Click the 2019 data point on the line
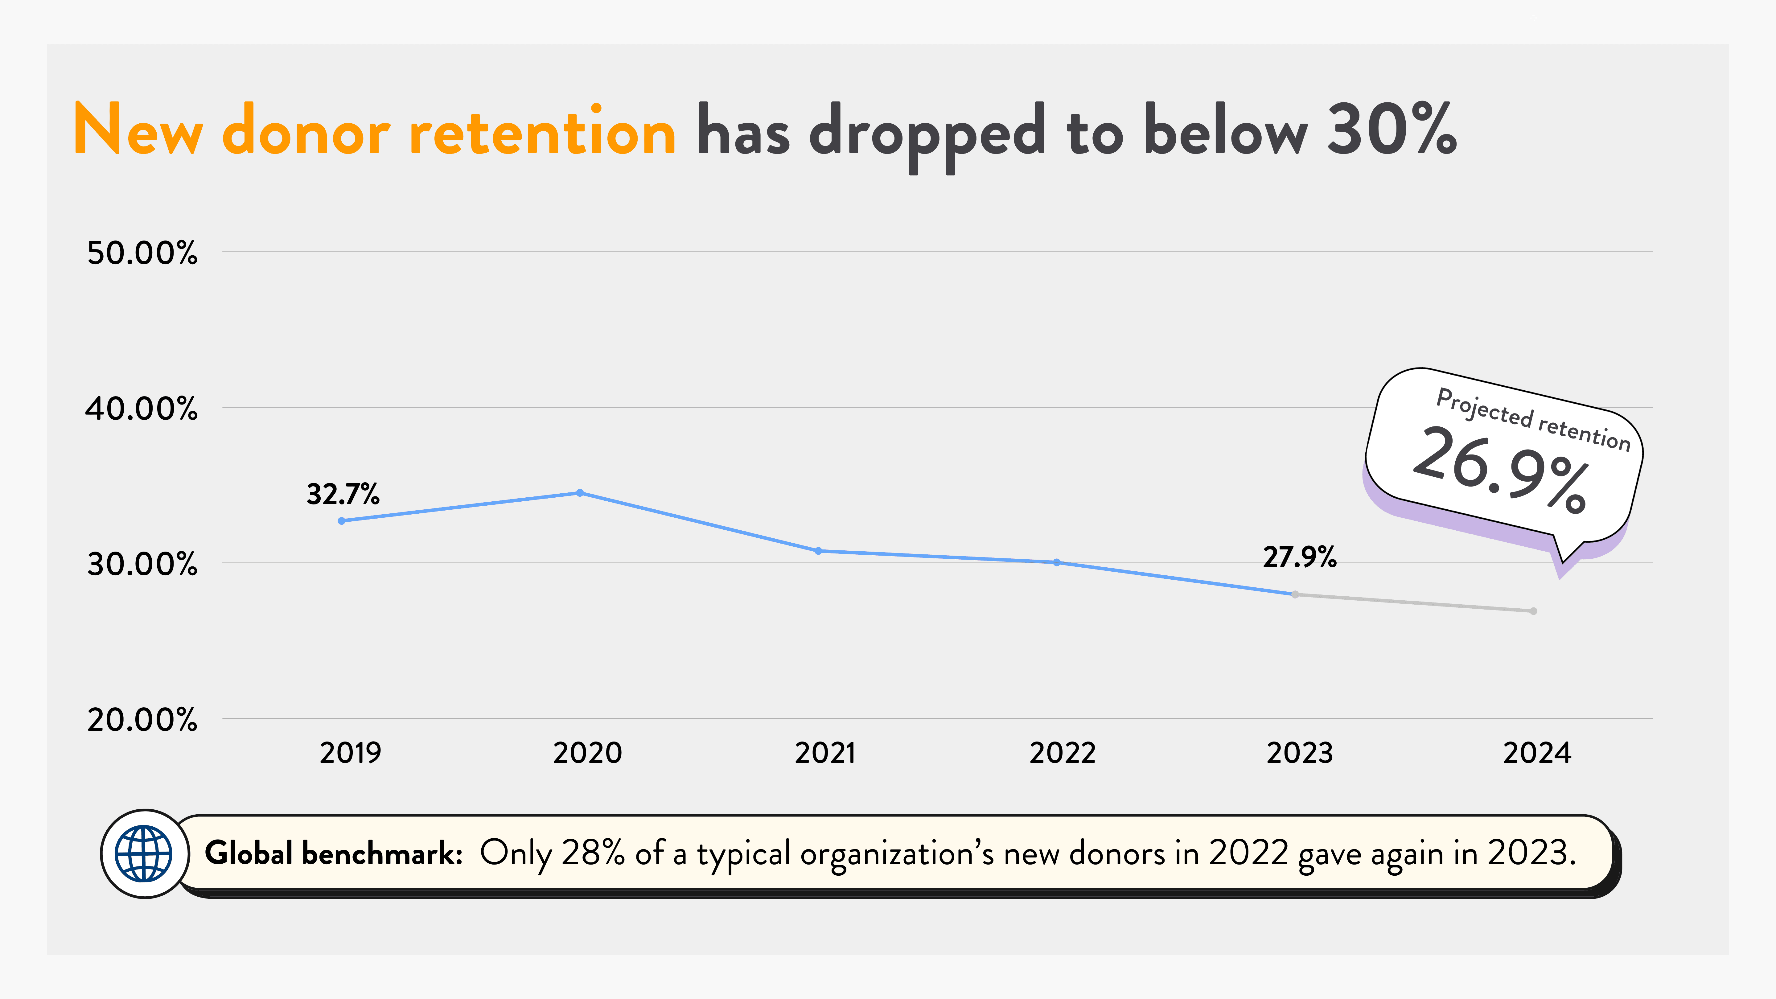click(342, 520)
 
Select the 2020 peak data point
click(580, 493)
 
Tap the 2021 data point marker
click(818, 551)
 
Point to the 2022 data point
click(1057, 563)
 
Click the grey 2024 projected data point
click(1533, 611)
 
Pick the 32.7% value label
click(343, 494)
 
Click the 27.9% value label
click(1300, 557)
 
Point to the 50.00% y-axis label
click(142, 253)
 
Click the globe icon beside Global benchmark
click(144, 853)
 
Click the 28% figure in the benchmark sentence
click(593, 853)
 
